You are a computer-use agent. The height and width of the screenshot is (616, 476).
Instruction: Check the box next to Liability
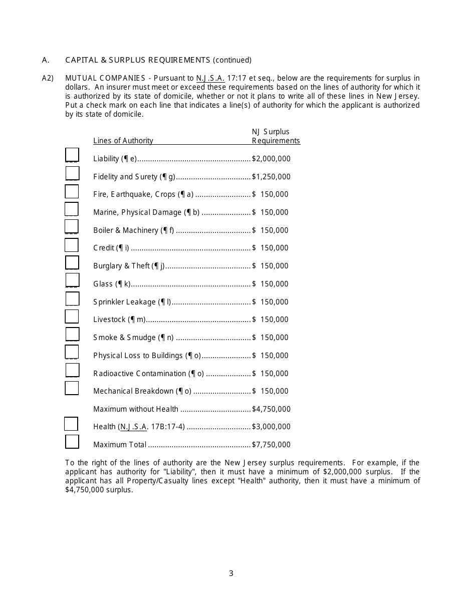pos(72,155)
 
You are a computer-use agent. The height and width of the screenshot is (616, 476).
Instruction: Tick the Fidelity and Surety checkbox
pos(72,173)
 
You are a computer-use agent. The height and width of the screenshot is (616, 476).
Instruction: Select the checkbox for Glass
pos(72,280)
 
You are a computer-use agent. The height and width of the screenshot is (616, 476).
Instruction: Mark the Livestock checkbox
pos(72,316)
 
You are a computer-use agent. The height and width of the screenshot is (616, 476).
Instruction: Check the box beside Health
pos(71,424)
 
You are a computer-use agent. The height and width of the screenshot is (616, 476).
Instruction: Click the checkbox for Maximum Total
pos(72,441)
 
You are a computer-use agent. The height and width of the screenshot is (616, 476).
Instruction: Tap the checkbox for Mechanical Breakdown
pos(72,388)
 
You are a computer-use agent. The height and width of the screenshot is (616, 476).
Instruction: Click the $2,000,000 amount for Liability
pos(271,159)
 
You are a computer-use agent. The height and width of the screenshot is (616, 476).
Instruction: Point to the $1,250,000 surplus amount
pos(271,177)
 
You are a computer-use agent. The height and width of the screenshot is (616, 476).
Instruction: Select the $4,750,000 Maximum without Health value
pos(271,409)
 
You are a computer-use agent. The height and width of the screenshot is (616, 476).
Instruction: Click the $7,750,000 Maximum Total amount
pos(271,445)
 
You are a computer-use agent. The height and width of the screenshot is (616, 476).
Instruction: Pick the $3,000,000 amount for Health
pos(271,427)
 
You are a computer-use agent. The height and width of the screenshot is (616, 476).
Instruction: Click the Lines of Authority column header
pos(123,141)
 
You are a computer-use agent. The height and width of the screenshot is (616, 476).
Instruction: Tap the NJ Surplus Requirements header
pos(276,136)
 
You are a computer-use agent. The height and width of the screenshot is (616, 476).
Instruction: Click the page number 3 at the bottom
pos(231,573)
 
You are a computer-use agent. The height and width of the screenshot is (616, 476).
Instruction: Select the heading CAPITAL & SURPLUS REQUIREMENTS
pos(138,60)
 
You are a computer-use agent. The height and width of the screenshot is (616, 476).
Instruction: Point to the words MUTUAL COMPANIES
pos(105,78)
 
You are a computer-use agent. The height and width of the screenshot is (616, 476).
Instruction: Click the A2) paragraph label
pos(48,78)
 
